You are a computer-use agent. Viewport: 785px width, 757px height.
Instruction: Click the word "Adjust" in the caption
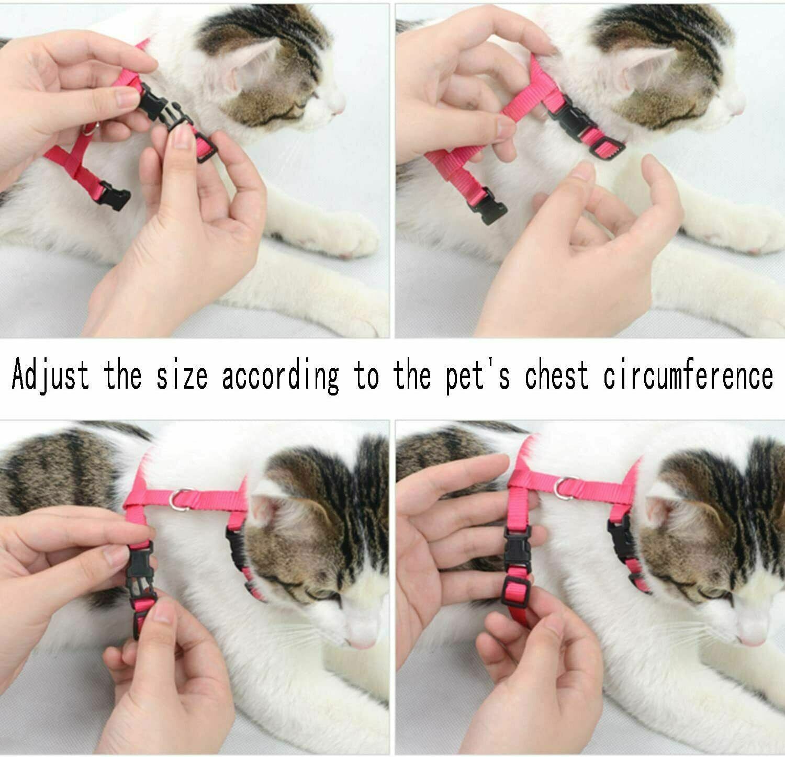[x=50, y=376]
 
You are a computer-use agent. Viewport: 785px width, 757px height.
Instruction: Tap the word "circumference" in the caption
[x=688, y=376]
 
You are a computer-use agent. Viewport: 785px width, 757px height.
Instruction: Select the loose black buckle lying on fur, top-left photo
[x=115, y=195]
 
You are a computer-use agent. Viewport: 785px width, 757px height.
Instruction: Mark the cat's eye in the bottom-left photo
[x=324, y=594]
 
